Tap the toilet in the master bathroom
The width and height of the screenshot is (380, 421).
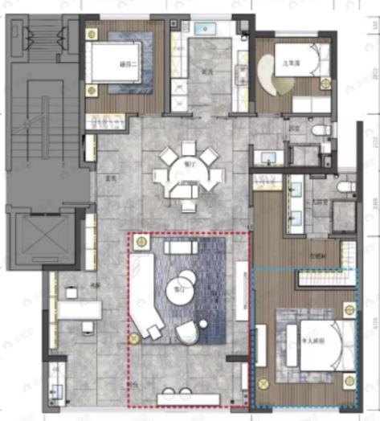pyautogui.click(x=345, y=186)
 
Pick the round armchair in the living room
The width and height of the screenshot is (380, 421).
pyautogui.click(x=187, y=333)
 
